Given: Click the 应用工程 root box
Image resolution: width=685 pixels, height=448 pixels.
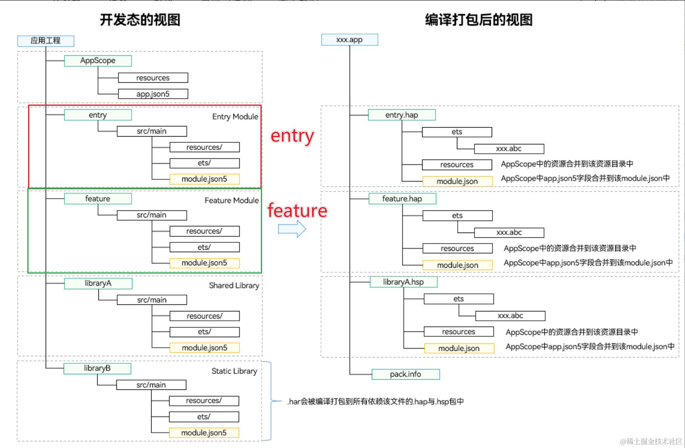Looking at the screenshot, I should click(46, 41).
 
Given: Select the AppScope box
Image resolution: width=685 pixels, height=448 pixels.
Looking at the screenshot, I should click(98, 60).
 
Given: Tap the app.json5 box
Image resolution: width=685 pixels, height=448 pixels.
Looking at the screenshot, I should click(153, 94).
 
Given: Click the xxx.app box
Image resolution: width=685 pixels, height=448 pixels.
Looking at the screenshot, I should click(350, 39).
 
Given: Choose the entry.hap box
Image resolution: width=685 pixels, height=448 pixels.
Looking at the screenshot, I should click(401, 115).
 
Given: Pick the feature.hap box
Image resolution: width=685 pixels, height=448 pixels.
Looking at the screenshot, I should click(402, 199).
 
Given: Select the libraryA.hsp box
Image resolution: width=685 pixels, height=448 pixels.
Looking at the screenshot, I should click(403, 282).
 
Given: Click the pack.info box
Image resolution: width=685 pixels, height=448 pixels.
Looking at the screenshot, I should click(405, 374).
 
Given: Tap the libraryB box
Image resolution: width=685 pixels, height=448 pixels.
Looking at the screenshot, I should click(97, 368).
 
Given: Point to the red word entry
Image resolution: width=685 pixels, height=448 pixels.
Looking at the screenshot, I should click(293, 136).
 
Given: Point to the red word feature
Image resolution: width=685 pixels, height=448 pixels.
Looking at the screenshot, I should click(297, 210).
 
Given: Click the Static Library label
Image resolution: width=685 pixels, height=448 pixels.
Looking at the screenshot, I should click(234, 371).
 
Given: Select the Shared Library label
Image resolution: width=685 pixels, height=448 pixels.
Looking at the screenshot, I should click(234, 286).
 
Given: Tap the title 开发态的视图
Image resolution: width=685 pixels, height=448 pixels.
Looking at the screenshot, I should click(140, 20).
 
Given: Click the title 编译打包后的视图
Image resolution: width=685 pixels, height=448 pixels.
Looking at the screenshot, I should click(479, 20).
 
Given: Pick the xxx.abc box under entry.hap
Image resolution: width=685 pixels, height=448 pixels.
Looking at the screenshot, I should click(509, 149).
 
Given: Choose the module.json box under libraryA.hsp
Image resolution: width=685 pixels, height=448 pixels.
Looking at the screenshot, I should click(459, 348).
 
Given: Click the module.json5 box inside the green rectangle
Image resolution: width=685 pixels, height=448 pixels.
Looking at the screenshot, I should click(204, 263).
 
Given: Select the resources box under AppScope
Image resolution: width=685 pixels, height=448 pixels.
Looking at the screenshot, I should click(153, 78).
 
